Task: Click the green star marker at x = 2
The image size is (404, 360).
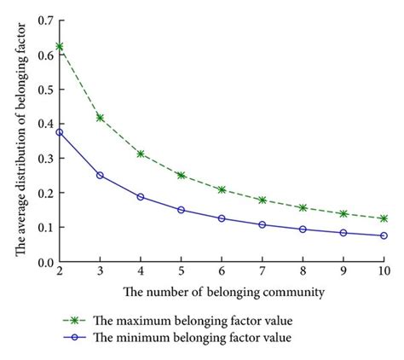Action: pos(60,46)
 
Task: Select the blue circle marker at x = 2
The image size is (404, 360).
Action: pos(60,132)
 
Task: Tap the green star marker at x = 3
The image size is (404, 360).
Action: pos(100,118)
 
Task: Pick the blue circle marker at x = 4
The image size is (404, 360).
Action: pos(141,197)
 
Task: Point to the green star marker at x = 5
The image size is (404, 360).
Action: pos(181,175)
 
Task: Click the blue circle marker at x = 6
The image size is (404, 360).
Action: pos(222,218)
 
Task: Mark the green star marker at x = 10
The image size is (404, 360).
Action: pos(384,219)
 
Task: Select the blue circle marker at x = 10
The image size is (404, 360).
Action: pos(384,235)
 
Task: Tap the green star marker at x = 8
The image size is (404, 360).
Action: pos(303,208)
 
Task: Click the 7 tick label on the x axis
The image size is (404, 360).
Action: pos(262,275)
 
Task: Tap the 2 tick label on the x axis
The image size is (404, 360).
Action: pos(60,275)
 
